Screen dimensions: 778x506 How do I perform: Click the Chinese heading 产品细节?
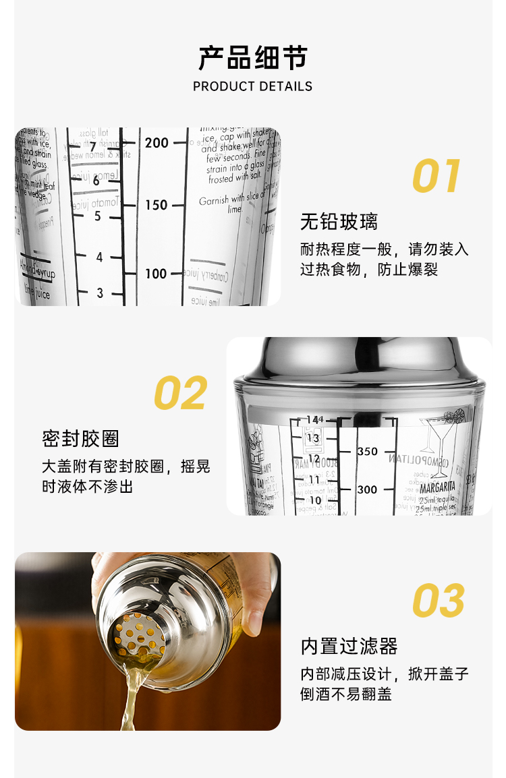coord(252,58)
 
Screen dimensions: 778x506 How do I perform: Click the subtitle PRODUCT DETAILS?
coord(252,86)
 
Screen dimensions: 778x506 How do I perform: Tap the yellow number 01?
coord(437,177)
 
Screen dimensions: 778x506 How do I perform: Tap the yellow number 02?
coord(180,393)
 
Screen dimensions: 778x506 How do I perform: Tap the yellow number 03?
coord(439,601)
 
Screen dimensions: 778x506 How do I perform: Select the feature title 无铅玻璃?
coord(339,222)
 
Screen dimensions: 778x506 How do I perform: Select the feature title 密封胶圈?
coord(80,438)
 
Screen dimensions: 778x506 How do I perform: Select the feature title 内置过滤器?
coord(349,647)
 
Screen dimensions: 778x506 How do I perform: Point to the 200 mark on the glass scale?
coord(157,142)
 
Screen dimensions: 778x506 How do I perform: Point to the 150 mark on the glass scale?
coord(157,205)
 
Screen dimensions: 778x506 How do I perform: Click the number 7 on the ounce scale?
coord(93,148)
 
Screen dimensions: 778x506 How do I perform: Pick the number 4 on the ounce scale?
coord(100,258)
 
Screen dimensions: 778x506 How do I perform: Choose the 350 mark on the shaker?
coord(367,451)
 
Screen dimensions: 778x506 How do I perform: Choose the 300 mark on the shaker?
coord(367,489)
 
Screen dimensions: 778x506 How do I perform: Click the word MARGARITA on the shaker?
coord(438,485)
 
